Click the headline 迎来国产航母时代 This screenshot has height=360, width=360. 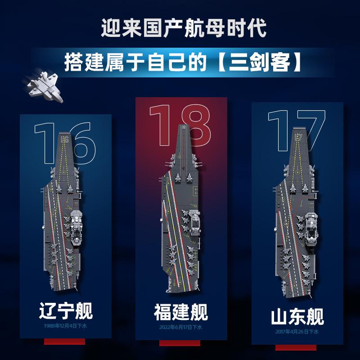[x=184, y=28]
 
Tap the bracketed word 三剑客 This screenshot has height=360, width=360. [x=259, y=62]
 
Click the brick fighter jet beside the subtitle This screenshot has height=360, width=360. [x=44, y=86]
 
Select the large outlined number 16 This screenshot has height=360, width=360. [x=65, y=143]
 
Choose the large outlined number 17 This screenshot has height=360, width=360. [x=297, y=130]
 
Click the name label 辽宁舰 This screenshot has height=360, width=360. [x=66, y=310]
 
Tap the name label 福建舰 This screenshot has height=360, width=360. [x=181, y=312]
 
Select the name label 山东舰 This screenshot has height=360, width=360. [x=297, y=317]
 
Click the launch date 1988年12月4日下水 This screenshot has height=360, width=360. [x=65, y=326]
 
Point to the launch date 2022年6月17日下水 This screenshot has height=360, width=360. [x=181, y=327]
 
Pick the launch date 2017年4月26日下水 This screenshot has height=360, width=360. [x=297, y=332]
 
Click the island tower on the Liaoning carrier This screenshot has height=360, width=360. [x=76, y=227]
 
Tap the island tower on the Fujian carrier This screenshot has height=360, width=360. [x=195, y=223]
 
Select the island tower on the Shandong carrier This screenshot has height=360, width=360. [x=311, y=229]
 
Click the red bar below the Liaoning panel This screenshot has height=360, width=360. [x=64, y=342]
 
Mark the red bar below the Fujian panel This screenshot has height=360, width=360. [x=180, y=343]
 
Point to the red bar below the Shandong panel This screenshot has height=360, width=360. [x=296, y=347]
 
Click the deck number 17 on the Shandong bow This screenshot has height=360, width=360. [x=298, y=137]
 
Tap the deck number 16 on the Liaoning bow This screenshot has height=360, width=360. [x=65, y=139]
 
